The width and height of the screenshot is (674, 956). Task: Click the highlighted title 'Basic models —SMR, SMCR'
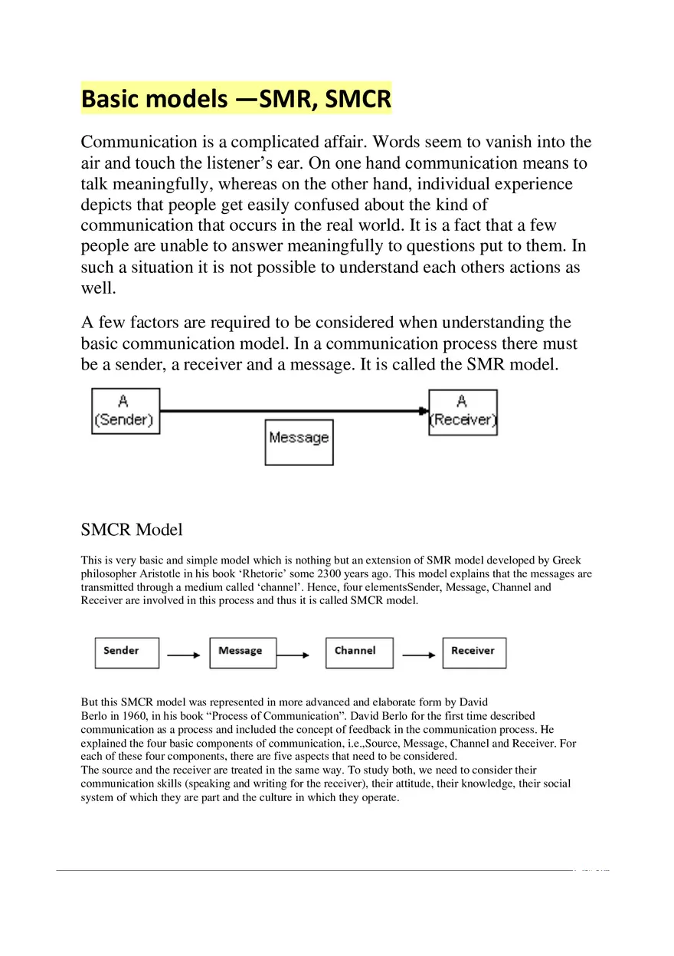(x=236, y=99)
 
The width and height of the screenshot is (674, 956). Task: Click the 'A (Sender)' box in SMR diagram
(x=126, y=411)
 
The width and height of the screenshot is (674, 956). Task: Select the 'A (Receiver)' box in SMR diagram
(x=463, y=412)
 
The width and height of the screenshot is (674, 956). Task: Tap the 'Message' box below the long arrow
(x=299, y=442)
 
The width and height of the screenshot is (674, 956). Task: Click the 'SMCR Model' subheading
(x=132, y=530)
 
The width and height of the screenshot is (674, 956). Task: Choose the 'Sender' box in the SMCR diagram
(x=126, y=652)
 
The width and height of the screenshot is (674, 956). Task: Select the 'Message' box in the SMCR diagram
(x=243, y=652)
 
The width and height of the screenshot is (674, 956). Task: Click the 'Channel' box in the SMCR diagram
(x=359, y=652)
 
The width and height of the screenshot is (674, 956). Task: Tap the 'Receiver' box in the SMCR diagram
(x=474, y=652)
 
